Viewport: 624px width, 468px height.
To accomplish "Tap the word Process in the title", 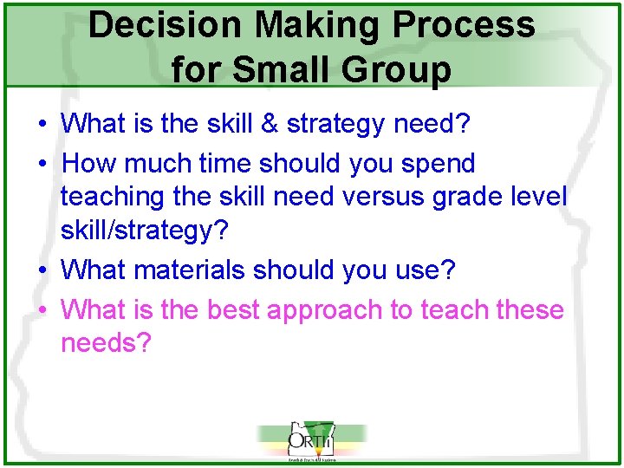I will (x=468, y=25).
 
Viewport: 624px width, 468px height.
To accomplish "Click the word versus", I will (x=378, y=197).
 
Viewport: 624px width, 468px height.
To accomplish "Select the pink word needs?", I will (x=106, y=344).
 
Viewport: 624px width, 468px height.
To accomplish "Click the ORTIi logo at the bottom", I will (x=311, y=442).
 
